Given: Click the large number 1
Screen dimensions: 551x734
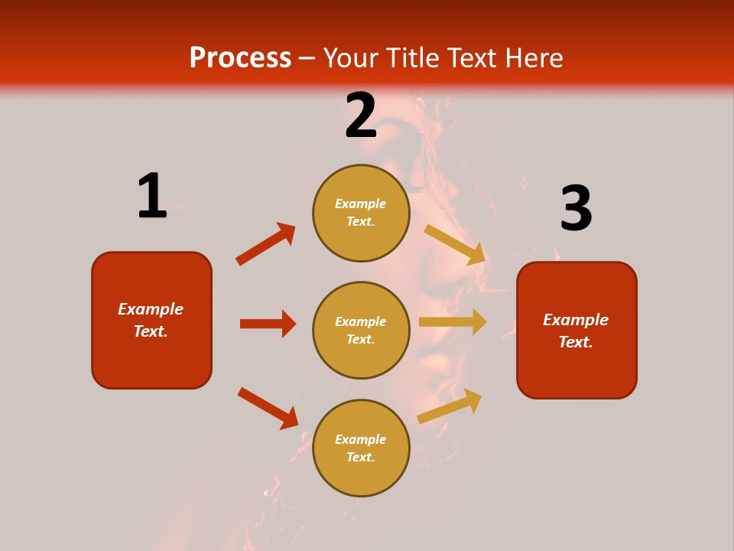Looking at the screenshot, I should click(x=152, y=196).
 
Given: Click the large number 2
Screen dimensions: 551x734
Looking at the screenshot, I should click(x=361, y=116).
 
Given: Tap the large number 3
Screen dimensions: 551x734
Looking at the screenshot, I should click(x=576, y=209).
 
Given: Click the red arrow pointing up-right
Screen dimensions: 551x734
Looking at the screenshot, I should click(x=266, y=244).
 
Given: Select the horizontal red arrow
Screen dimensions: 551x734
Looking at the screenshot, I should click(x=268, y=324).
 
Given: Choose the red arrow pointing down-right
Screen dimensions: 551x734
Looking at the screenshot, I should click(x=268, y=408).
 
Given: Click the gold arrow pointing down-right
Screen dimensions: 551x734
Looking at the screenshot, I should click(x=455, y=245).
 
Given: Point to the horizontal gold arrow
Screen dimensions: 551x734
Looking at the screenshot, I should click(x=453, y=322).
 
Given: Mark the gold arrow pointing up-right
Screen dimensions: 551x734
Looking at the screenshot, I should click(x=450, y=406).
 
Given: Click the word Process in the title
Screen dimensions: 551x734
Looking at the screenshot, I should click(x=240, y=57).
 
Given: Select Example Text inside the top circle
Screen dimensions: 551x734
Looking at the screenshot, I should click(x=361, y=213).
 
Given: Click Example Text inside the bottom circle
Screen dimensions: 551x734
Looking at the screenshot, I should click(x=361, y=448).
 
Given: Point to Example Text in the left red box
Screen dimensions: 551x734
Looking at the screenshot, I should click(x=151, y=320).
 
